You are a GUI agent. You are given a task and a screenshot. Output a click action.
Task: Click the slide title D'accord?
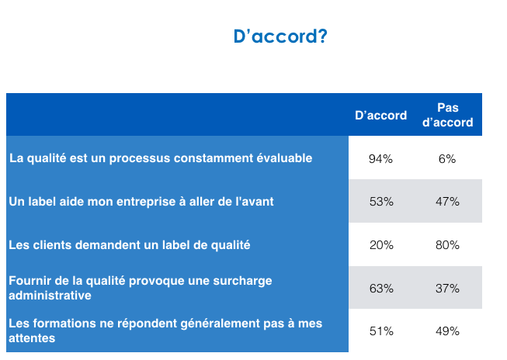coord(280,36)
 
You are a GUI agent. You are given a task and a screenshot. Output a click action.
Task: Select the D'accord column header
coord(381,116)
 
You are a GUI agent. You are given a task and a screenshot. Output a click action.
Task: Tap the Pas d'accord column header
coord(447,115)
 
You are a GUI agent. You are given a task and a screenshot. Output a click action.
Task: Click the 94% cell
coord(381,159)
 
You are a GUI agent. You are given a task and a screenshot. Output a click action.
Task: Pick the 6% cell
coord(447,159)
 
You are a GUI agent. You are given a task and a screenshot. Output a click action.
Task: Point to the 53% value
coord(381,202)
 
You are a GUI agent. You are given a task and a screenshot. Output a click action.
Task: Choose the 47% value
coord(447,202)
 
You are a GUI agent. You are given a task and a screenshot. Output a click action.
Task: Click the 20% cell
coord(381,245)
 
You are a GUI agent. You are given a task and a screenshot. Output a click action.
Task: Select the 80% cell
coord(447,245)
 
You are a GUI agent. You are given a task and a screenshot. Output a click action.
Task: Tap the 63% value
coord(381,289)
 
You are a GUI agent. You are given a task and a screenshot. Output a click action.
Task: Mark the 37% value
coord(447,289)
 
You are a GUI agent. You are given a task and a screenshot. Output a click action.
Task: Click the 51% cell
coord(381,331)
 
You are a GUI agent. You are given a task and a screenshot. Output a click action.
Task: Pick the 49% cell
coord(447,331)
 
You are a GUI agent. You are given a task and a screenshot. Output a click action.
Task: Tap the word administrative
coord(50,296)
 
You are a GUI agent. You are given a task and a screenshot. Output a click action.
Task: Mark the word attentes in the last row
coord(32,338)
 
